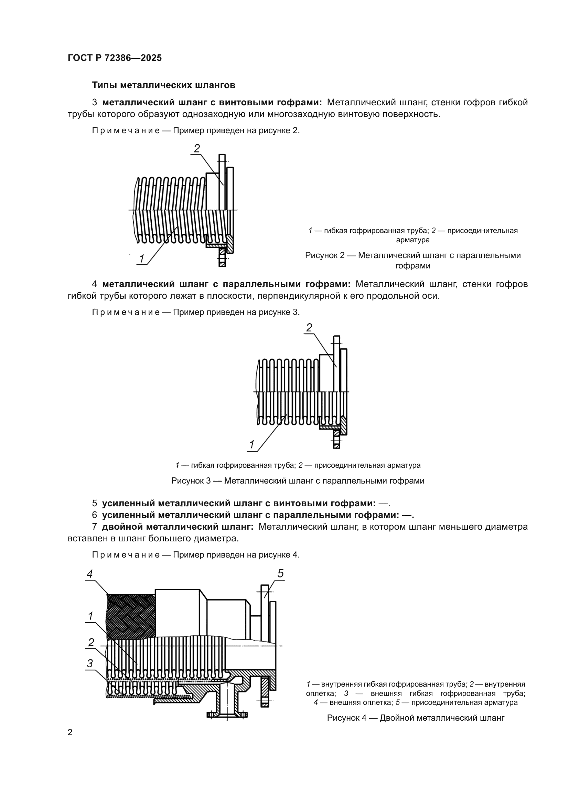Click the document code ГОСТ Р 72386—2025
(x=115, y=58)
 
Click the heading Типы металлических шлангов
(x=163, y=85)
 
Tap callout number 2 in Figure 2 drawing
(x=197, y=148)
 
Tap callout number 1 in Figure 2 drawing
(x=141, y=259)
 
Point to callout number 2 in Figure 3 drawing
(x=309, y=328)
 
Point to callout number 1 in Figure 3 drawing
(x=251, y=445)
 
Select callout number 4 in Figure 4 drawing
(x=90, y=574)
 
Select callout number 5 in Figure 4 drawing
(x=280, y=574)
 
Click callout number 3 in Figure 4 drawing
(x=90, y=663)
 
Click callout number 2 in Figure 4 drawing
(x=91, y=642)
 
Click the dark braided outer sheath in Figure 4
(x=131, y=617)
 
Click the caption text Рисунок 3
(x=191, y=481)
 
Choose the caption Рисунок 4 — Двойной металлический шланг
(x=416, y=718)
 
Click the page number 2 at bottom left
(x=70, y=732)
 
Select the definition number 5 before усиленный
(x=94, y=504)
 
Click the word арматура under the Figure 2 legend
(x=412, y=240)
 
